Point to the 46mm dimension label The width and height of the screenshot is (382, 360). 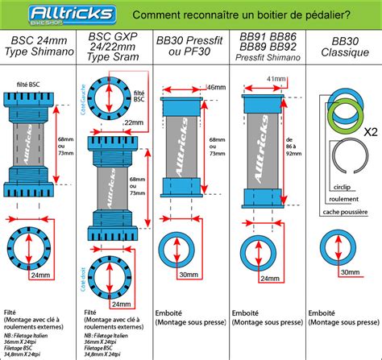[216, 87]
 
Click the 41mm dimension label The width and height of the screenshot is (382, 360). [276, 80]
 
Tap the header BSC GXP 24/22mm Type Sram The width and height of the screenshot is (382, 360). [118, 48]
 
